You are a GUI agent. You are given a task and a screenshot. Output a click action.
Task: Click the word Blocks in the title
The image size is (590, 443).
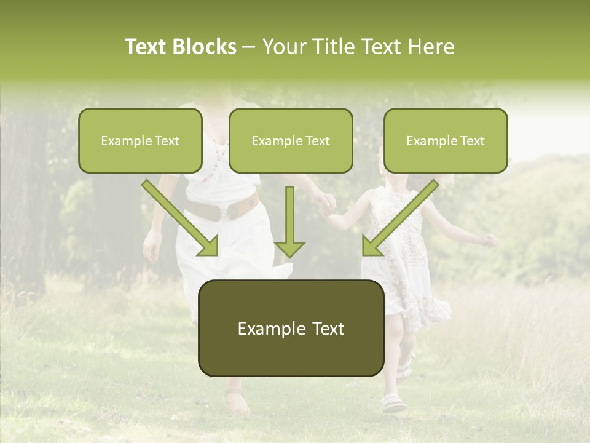pos(204,47)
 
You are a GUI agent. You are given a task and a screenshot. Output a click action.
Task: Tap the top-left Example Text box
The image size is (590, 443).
pos(140,140)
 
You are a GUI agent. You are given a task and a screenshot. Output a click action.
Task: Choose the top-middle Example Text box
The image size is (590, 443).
pos(291,140)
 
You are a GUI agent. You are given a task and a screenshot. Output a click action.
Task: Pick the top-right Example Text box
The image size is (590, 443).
pos(446,140)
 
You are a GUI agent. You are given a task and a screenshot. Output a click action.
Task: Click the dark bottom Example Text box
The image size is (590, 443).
pos(291,328)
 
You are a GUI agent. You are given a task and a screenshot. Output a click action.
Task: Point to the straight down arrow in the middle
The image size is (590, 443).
pos(289,221)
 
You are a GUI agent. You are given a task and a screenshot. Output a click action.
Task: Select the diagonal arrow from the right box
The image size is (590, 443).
pos(400,218)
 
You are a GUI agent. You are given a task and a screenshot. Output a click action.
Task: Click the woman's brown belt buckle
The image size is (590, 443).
pos(229,212)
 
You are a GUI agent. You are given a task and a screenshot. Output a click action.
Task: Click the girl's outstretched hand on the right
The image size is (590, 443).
pos(489,240)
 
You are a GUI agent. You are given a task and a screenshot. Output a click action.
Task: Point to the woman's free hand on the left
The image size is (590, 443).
pos(152,246)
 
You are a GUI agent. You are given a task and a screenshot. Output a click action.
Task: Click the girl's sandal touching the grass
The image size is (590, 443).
pos(393,404)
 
